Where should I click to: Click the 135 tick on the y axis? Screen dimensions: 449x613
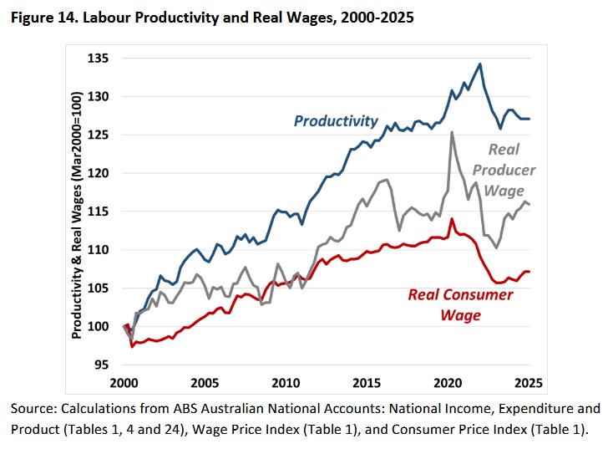104,59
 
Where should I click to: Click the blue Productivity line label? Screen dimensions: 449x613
335,121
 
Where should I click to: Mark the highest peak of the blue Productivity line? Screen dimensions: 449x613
479,64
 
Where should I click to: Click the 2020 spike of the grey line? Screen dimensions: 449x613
452,132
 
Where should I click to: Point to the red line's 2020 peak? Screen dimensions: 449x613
452,219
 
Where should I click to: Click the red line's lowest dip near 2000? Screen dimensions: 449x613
132,345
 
